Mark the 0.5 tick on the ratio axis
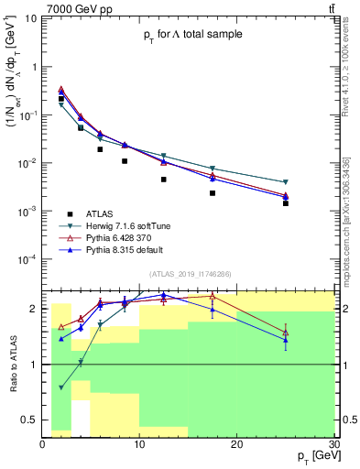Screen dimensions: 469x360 pos(33,420)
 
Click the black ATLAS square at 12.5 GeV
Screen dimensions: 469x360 pos(164,180)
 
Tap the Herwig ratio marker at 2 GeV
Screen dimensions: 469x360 pos(61,387)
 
